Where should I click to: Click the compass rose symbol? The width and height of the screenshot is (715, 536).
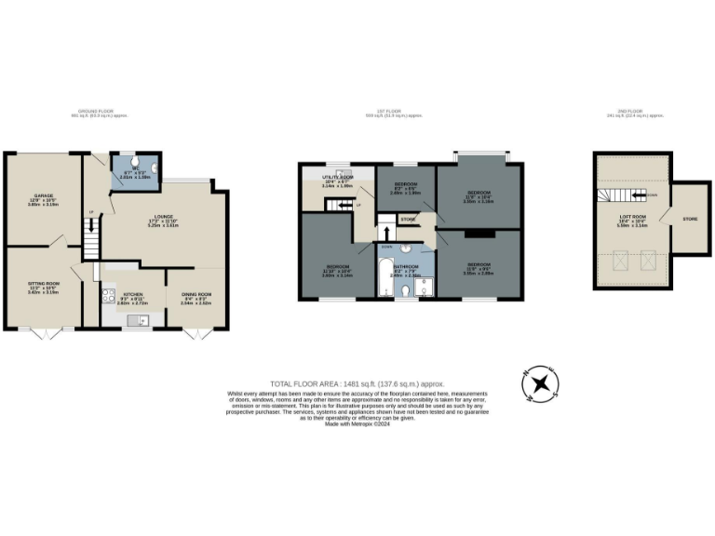coord(539,384)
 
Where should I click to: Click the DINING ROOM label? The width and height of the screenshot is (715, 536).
coord(196,297)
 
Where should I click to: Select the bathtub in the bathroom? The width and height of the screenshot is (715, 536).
coord(384,280)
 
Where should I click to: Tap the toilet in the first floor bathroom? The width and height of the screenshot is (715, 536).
coord(407,291)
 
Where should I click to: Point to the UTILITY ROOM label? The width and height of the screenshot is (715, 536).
coord(333,177)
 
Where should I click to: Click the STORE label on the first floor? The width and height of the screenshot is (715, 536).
coord(407,220)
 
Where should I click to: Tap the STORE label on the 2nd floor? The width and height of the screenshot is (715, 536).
coord(690,220)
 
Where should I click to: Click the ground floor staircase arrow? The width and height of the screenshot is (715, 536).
coord(90,226)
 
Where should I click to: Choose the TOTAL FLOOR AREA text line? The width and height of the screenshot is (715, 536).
coord(357,383)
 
